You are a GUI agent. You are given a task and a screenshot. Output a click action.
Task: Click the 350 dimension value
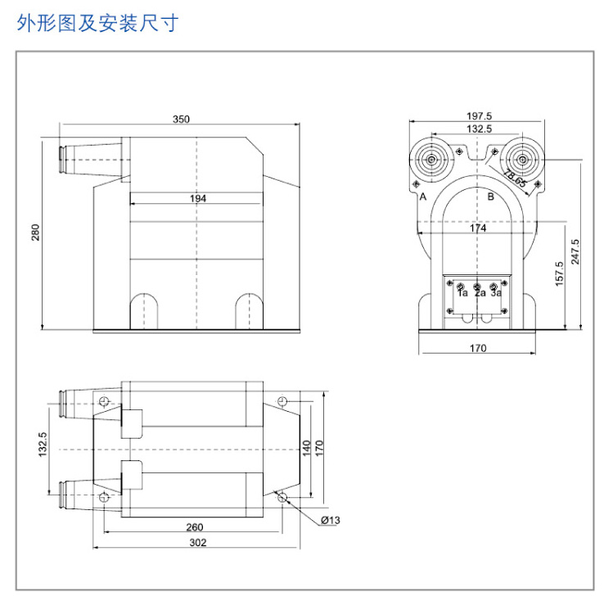pyautogui.click(x=181, y=119)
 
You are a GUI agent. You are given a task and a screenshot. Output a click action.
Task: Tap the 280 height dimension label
pyautogui.click(x=35, y=233)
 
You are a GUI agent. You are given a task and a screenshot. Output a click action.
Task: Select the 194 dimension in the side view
pyautogui.click(x=198, y=198)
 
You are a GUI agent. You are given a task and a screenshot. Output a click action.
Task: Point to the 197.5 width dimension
pyautogui.click(x=479, y=116)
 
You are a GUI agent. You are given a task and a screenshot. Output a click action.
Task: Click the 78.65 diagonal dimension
pyautogui.click(x=516, y=178)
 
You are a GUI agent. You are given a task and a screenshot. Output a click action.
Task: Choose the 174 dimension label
pyautogui.click(x=478, y=228)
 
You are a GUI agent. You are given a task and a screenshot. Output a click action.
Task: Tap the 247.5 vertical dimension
pyautogui.click(x=575, y=251)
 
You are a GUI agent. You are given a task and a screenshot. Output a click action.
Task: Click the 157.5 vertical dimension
pyautogui.click(x=559, y=273)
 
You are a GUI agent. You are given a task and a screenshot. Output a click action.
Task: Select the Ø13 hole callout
pyautogui.click(x=330, y=520)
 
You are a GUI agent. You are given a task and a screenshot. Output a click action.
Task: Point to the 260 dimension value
pyautogui.click(x=195, y=527)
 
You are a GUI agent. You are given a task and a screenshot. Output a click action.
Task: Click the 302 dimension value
pyautogui.click(x=198, y=542)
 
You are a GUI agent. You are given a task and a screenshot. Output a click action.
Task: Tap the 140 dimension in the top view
pyautogui.click(x=307, y=448)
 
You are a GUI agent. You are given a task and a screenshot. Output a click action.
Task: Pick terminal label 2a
pyautogui.click(x=480, y=292)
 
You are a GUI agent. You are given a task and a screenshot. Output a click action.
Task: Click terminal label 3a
pyautogui.click(x=496, y=292)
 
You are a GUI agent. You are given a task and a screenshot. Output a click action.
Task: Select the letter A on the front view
pyautogui.click(x=423, y=197)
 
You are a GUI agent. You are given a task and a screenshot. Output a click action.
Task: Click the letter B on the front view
pyautogui.click(x=491, y=197)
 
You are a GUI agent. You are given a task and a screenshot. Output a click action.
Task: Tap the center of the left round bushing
pyautogui.click(x=431, y=160)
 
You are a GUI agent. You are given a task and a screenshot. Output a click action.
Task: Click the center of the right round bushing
pyautogui.click(x=522, y=160)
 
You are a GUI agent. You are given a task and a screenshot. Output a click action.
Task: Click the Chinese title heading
pyautogui.click(x=97, y=23)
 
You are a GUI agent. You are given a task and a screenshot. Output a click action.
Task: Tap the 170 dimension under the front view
pyautogui.click(x=478, y=348)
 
